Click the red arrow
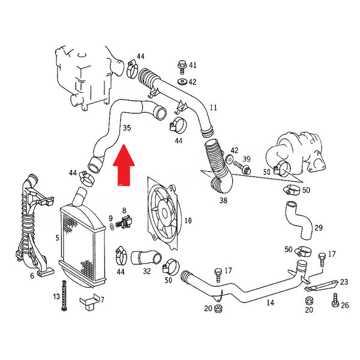point(124,166)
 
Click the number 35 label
point(127,128)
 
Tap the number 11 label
point(213,107)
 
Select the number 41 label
point(193,65)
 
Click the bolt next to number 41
point(182,67)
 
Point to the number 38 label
point(223,200)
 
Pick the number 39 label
point(247,159)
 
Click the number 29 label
point(319,228)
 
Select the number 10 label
point(188,221)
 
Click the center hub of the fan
point(164,213)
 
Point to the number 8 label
point(124,211)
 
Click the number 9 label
point(110,218)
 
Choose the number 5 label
point(58,238)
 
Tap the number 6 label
point(32,275)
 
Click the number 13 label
point(56,296)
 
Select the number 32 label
point(147,271)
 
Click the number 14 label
point(270,302)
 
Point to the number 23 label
point(344,282)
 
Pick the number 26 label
point(345,305)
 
